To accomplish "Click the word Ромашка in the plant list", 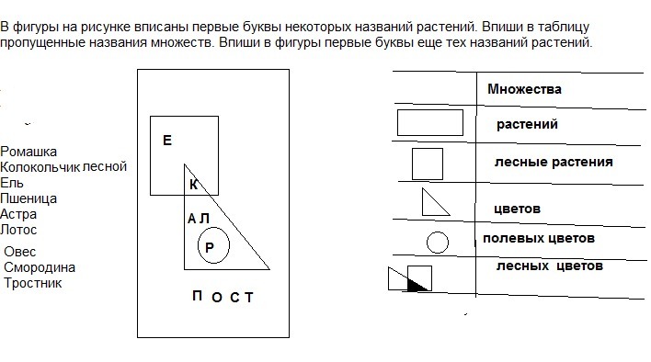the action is (29, 152).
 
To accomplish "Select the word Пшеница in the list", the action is (29, 198).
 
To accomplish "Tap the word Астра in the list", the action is (18, 214).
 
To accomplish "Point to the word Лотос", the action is (18, 230).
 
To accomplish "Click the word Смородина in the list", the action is (40, 268).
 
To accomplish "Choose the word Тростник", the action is (33, 283).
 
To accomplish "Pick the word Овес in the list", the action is (20, 252).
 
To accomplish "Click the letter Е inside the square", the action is (167, 141).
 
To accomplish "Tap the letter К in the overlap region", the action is (193, 185).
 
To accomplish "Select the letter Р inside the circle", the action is (210, 247).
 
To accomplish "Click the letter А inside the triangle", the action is (191, 219).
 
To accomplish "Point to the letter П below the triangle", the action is (197, 296).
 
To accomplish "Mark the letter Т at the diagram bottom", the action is (248, 298).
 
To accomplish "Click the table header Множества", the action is (524, 89).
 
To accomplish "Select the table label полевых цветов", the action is (539, 239).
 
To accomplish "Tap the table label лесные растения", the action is (554, 162).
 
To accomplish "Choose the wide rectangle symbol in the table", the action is (430, 110).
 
